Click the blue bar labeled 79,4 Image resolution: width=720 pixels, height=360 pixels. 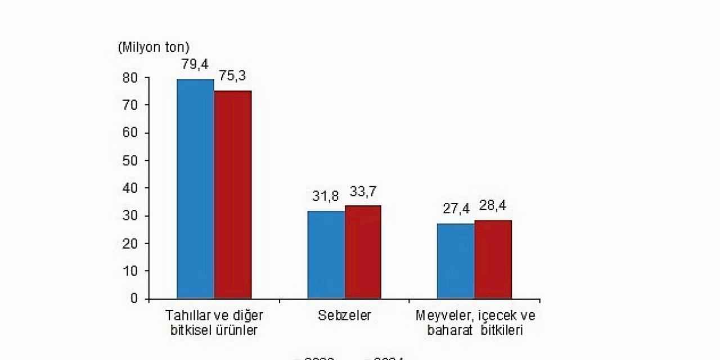(x=195, y=188)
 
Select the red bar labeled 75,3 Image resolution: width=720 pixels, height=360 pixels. (x=233, y=194)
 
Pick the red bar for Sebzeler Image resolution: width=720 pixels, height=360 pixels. (x=363, y=251)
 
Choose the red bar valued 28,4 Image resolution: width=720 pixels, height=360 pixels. (x=493, y=259)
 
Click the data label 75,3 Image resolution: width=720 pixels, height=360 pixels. (x=232, y=76)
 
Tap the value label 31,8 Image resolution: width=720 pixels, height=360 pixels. (x=326, y=197)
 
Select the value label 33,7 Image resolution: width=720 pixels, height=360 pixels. (x=363, y=191)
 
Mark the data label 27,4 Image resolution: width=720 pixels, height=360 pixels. (x=456, y=209)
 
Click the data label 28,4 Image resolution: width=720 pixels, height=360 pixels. (x=493, y=205)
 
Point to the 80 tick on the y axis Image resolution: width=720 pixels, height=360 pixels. (x=130, y=78)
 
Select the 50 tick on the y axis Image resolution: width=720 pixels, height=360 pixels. (x=130, y=160)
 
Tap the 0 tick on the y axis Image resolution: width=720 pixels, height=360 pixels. (x=134, y=298)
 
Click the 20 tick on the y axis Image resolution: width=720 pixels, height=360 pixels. (x=130, y=243)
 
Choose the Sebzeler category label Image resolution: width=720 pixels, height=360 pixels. (x=344, y=316)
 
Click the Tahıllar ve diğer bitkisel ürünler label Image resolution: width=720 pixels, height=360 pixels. (x=214, y=322)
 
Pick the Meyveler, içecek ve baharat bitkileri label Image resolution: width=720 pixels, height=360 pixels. (x=475, y=322)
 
